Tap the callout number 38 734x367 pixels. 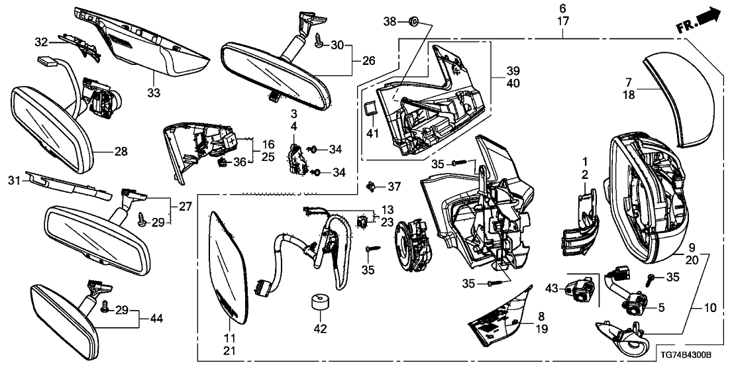392,23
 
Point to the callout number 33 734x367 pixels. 154,93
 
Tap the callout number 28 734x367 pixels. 120,152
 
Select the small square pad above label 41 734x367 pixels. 372,109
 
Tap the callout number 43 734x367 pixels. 552,288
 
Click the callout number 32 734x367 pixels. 42,42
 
